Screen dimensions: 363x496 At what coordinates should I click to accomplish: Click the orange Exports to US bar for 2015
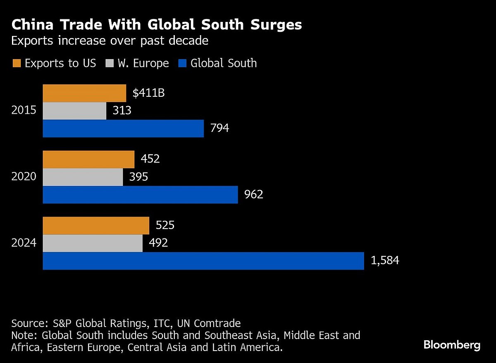(84, 93)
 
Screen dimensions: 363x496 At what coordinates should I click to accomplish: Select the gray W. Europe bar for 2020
(83, 177)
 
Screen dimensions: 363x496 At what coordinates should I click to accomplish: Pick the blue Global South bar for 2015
(123, 129)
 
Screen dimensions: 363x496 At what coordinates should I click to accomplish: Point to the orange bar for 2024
(96, 225)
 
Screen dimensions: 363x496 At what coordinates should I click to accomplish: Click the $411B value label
(149, 93)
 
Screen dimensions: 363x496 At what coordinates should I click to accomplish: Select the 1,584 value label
(385, 261)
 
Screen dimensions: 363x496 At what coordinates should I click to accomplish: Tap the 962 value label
(254, 194)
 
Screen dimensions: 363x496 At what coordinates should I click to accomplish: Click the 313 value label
(122, 111)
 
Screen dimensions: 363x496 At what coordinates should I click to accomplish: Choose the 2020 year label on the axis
(24, 177)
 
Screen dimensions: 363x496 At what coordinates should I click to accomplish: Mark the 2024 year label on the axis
(24, 243)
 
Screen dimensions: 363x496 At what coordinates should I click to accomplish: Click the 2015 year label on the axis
(24, 111)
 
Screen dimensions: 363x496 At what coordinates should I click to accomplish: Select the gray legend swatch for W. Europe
(110, 63)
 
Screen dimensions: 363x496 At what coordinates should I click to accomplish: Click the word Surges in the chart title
(272, 25)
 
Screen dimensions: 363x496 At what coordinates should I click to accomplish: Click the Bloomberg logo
(452, 345)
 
